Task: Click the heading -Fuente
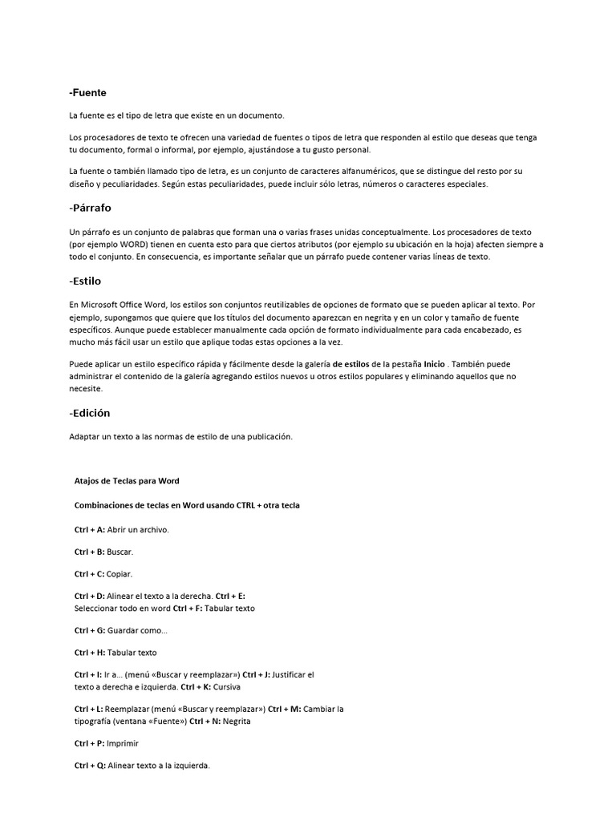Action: coord(87,93)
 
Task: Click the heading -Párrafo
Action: coord(90,208)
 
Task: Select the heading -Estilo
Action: coord(85,281)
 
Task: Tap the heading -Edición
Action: coord(89,413)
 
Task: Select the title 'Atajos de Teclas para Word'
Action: coord(126,481)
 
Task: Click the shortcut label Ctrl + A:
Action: coord(89,530)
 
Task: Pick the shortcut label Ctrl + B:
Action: coord(89,552)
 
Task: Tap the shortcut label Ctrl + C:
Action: coord(89,574)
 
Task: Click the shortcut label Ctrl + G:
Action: coord(90,631)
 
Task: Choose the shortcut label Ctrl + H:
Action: coord(90,653)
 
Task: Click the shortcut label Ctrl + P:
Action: coord(89,743)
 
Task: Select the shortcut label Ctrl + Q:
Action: coord(90,766)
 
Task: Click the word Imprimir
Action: coord(123,743)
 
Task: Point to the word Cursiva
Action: coord(227,687)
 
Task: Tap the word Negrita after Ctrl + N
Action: coord(237,721)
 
